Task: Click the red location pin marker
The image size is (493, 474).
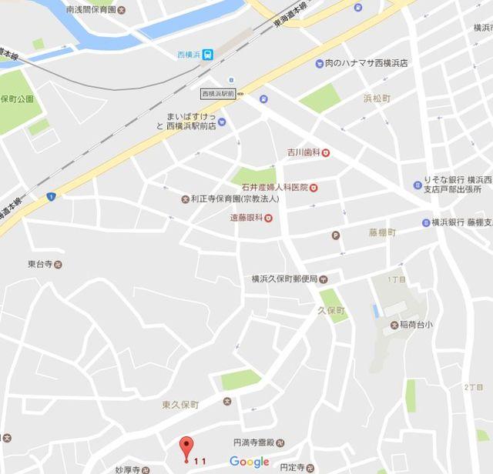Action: (185, 448)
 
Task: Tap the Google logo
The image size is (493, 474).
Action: (250, 462)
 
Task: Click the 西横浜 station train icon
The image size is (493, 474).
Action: (208, 55)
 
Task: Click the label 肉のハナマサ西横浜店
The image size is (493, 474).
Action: (366, 63)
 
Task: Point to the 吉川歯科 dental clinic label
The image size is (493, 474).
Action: (303, 152)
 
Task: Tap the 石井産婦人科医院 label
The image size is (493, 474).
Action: (270, 187)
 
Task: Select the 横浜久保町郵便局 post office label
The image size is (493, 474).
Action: (284, 279)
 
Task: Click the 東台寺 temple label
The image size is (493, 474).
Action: (40, 264)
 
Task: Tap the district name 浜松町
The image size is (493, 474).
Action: (378, 98)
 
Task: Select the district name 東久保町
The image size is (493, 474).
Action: (180, 405)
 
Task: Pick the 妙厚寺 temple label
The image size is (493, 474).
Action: (126, 469)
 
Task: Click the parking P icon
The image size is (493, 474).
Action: (335, 235)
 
